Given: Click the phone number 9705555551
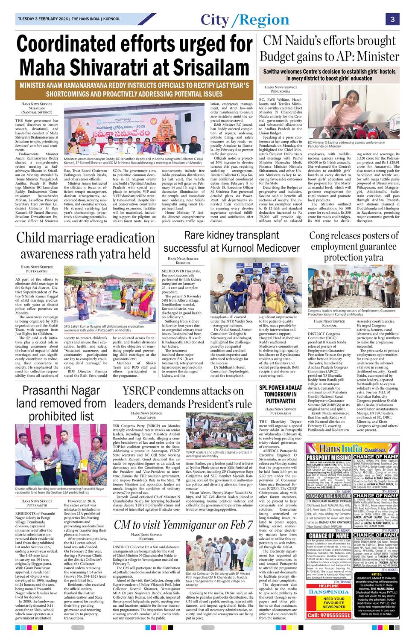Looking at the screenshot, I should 329,615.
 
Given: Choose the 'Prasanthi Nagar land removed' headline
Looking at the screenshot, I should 61,403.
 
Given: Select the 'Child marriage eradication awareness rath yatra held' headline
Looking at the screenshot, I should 85,246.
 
